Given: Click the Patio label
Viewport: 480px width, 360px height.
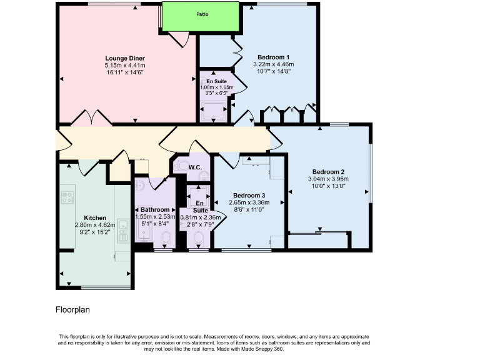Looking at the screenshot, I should [x=201, y=14].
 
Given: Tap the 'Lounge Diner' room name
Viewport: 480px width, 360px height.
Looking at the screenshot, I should [x=125, y=58].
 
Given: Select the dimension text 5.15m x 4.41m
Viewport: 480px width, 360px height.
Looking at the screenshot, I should [x=125, y=65].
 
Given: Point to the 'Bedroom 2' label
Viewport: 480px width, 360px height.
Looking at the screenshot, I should [x=328, y=172].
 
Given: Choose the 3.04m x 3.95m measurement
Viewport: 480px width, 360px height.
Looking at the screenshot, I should [x=328, y=179].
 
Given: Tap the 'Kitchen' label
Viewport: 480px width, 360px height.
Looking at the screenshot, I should [x=79, y=217].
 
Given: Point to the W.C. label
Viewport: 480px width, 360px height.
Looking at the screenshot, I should [x=194, y=167].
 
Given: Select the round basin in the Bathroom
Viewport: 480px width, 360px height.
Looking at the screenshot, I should [x=140, y=185].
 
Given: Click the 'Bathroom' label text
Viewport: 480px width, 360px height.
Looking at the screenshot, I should [x=154, y=209].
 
